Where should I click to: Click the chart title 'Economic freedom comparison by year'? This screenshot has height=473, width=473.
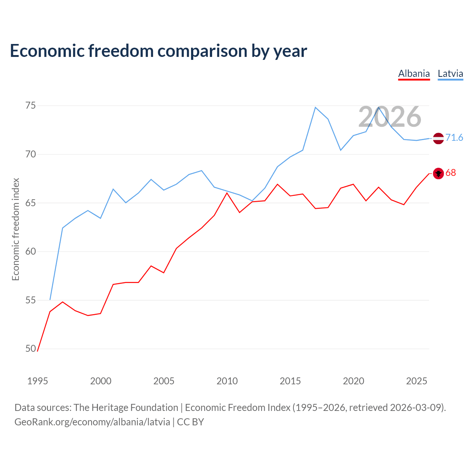[x=159, y=51]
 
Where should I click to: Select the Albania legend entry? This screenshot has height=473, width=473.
[x=414, y=74]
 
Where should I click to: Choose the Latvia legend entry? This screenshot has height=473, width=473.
[x=450, y=74]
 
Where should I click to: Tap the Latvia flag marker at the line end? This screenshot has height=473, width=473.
[x=438, y=138]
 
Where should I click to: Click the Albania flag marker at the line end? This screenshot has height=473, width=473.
[x=438, y=173]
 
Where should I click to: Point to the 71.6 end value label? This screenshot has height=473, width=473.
[x=454, y=138]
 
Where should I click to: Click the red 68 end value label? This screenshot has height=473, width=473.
[x=451, y=173]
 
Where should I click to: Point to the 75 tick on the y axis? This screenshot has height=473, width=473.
[x=31, y=106]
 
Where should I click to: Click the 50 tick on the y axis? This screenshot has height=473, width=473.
[x=31, y=348]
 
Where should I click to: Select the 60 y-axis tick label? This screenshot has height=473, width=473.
[x=31, y=252]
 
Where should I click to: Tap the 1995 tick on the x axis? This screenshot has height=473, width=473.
[x=38, y=381]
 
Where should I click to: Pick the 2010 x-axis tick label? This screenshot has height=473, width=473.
[x=227, y=381]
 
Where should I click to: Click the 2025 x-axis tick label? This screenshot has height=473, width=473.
[x=416, y=381]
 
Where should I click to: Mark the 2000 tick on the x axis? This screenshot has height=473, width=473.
[x=101, y=381]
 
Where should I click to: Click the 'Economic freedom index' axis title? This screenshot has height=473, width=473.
[x=16, y=229]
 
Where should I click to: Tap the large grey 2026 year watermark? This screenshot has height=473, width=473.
[x=390, y=117]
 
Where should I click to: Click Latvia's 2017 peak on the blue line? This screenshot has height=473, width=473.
[x=315, y=108]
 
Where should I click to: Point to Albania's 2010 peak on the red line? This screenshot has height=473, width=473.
[x=227, y=193]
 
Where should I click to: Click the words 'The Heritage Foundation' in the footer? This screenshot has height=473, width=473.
[x=126, y=408]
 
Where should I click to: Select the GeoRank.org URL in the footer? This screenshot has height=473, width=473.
[x=92, y=422]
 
